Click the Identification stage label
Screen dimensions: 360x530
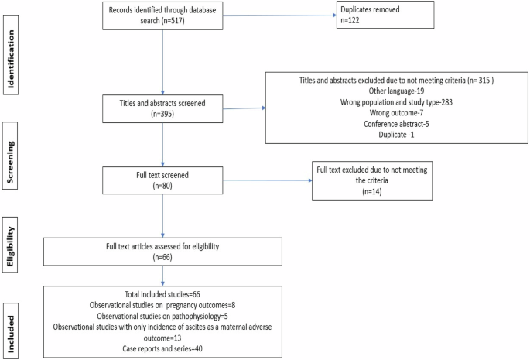click(x=12, y=50)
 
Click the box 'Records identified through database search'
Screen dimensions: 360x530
click(x=164, y=16)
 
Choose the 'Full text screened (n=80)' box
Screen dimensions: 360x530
click(x=164, y=180)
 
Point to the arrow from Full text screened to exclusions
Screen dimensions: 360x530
click(x=263, y=180)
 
